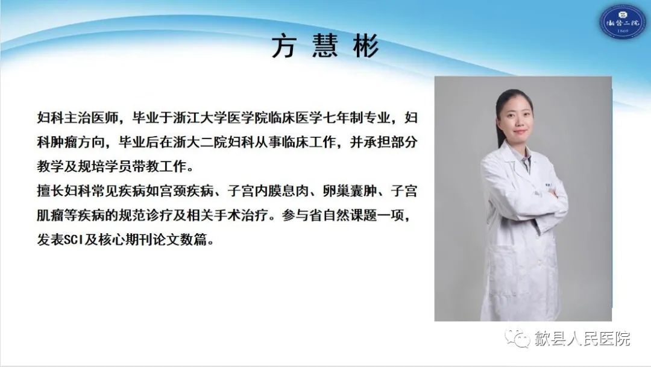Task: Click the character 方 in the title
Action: [283, 46]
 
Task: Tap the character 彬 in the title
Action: [366, 46]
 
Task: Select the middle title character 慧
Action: [325, 46]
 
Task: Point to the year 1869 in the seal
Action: [623, 31]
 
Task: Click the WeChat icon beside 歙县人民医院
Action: [517, 337]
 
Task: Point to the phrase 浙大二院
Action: [200, 142]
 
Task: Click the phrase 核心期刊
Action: [125, 240]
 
